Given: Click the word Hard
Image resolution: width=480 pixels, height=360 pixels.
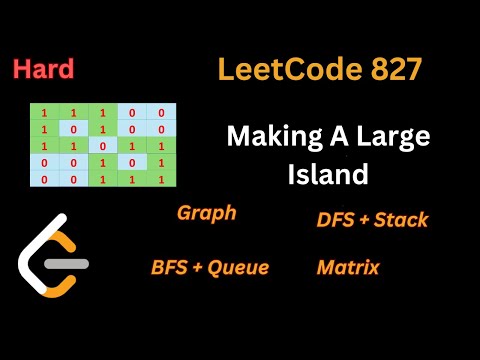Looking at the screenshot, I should (43, 70).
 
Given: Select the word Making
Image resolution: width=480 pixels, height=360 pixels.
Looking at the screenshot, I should (265, 136).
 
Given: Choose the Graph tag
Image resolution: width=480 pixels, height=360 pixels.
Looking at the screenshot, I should (206, 213).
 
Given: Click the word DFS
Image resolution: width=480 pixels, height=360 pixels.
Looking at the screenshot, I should (335, 220).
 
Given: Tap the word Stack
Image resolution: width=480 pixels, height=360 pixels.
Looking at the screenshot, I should (400, 220).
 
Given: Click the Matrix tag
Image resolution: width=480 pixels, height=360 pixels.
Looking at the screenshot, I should (347, 267).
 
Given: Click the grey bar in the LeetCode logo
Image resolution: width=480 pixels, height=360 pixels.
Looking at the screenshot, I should (69, 265).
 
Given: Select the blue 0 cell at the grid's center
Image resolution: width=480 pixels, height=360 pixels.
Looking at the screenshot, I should (102, 146).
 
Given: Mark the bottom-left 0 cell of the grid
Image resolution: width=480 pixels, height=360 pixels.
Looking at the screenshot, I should (44, 178).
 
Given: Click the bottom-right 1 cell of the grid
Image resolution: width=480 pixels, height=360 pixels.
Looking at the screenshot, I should (160, 178).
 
